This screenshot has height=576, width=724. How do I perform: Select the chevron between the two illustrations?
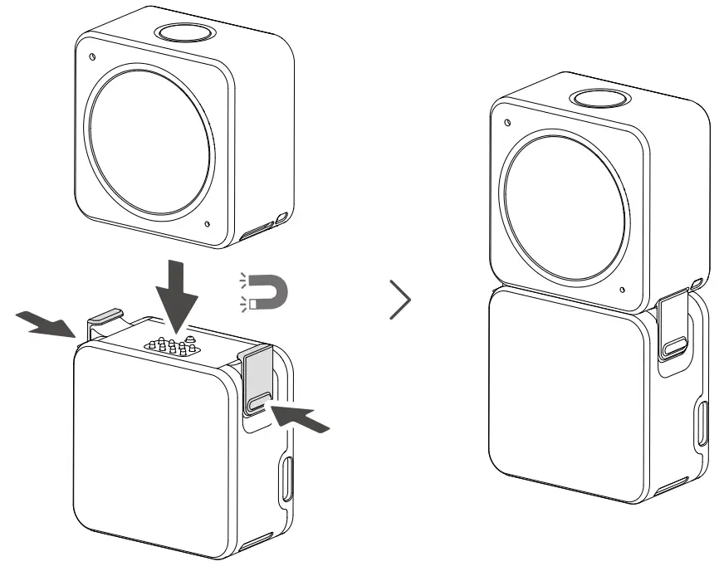[400, 299]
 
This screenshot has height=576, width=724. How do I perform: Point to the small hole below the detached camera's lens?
[207, 222]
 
